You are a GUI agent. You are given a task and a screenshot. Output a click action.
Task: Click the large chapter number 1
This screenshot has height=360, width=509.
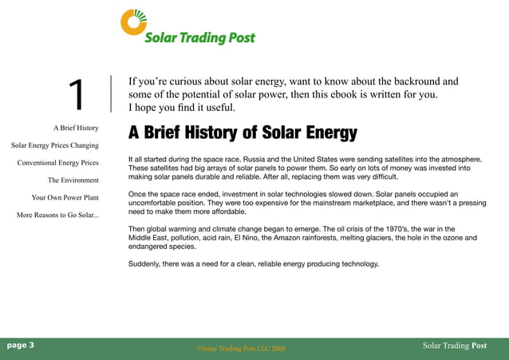[77, 95]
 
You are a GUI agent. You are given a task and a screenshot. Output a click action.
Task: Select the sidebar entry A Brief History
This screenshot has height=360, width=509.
[76, 128]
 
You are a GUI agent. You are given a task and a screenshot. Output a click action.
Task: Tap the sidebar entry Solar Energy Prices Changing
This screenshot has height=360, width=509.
[55, 145]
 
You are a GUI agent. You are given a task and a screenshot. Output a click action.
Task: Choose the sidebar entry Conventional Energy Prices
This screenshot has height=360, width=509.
[58, 163]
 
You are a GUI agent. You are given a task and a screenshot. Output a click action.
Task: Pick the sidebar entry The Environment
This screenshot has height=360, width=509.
[73, 180]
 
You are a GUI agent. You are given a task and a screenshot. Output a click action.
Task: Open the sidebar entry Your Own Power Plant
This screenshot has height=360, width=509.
[65, 197]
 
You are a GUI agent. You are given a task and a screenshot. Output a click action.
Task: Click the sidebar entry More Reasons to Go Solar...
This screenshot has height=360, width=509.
[57, 216]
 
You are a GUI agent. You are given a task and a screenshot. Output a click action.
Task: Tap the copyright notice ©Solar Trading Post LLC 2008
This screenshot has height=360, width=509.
[240, 349]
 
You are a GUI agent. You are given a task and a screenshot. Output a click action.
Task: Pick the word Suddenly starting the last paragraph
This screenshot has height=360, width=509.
[146, 264]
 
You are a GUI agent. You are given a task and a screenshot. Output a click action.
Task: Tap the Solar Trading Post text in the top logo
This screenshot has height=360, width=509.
[199, 38]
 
